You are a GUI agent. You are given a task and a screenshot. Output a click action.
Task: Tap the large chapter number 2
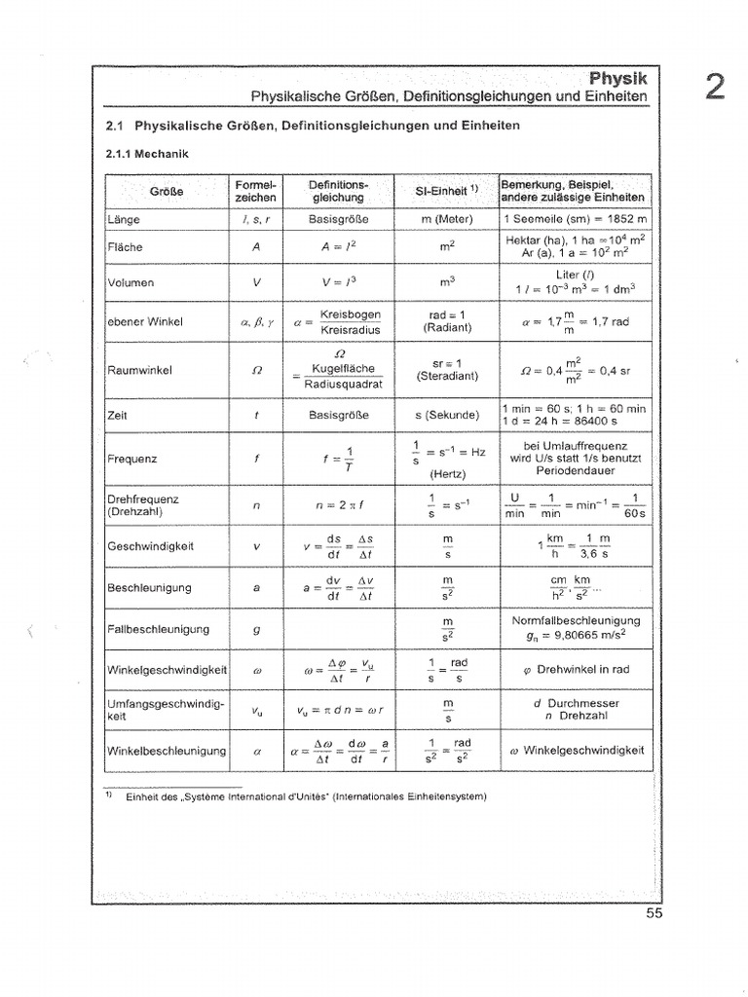(714, 88)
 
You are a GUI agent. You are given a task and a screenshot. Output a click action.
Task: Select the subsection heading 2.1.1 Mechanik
(146, 154)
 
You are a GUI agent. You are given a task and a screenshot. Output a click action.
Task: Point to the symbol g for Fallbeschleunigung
(256, 629)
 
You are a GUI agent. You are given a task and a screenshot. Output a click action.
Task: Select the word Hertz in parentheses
(447, 474)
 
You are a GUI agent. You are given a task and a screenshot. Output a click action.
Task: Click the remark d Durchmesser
(577, 702)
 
